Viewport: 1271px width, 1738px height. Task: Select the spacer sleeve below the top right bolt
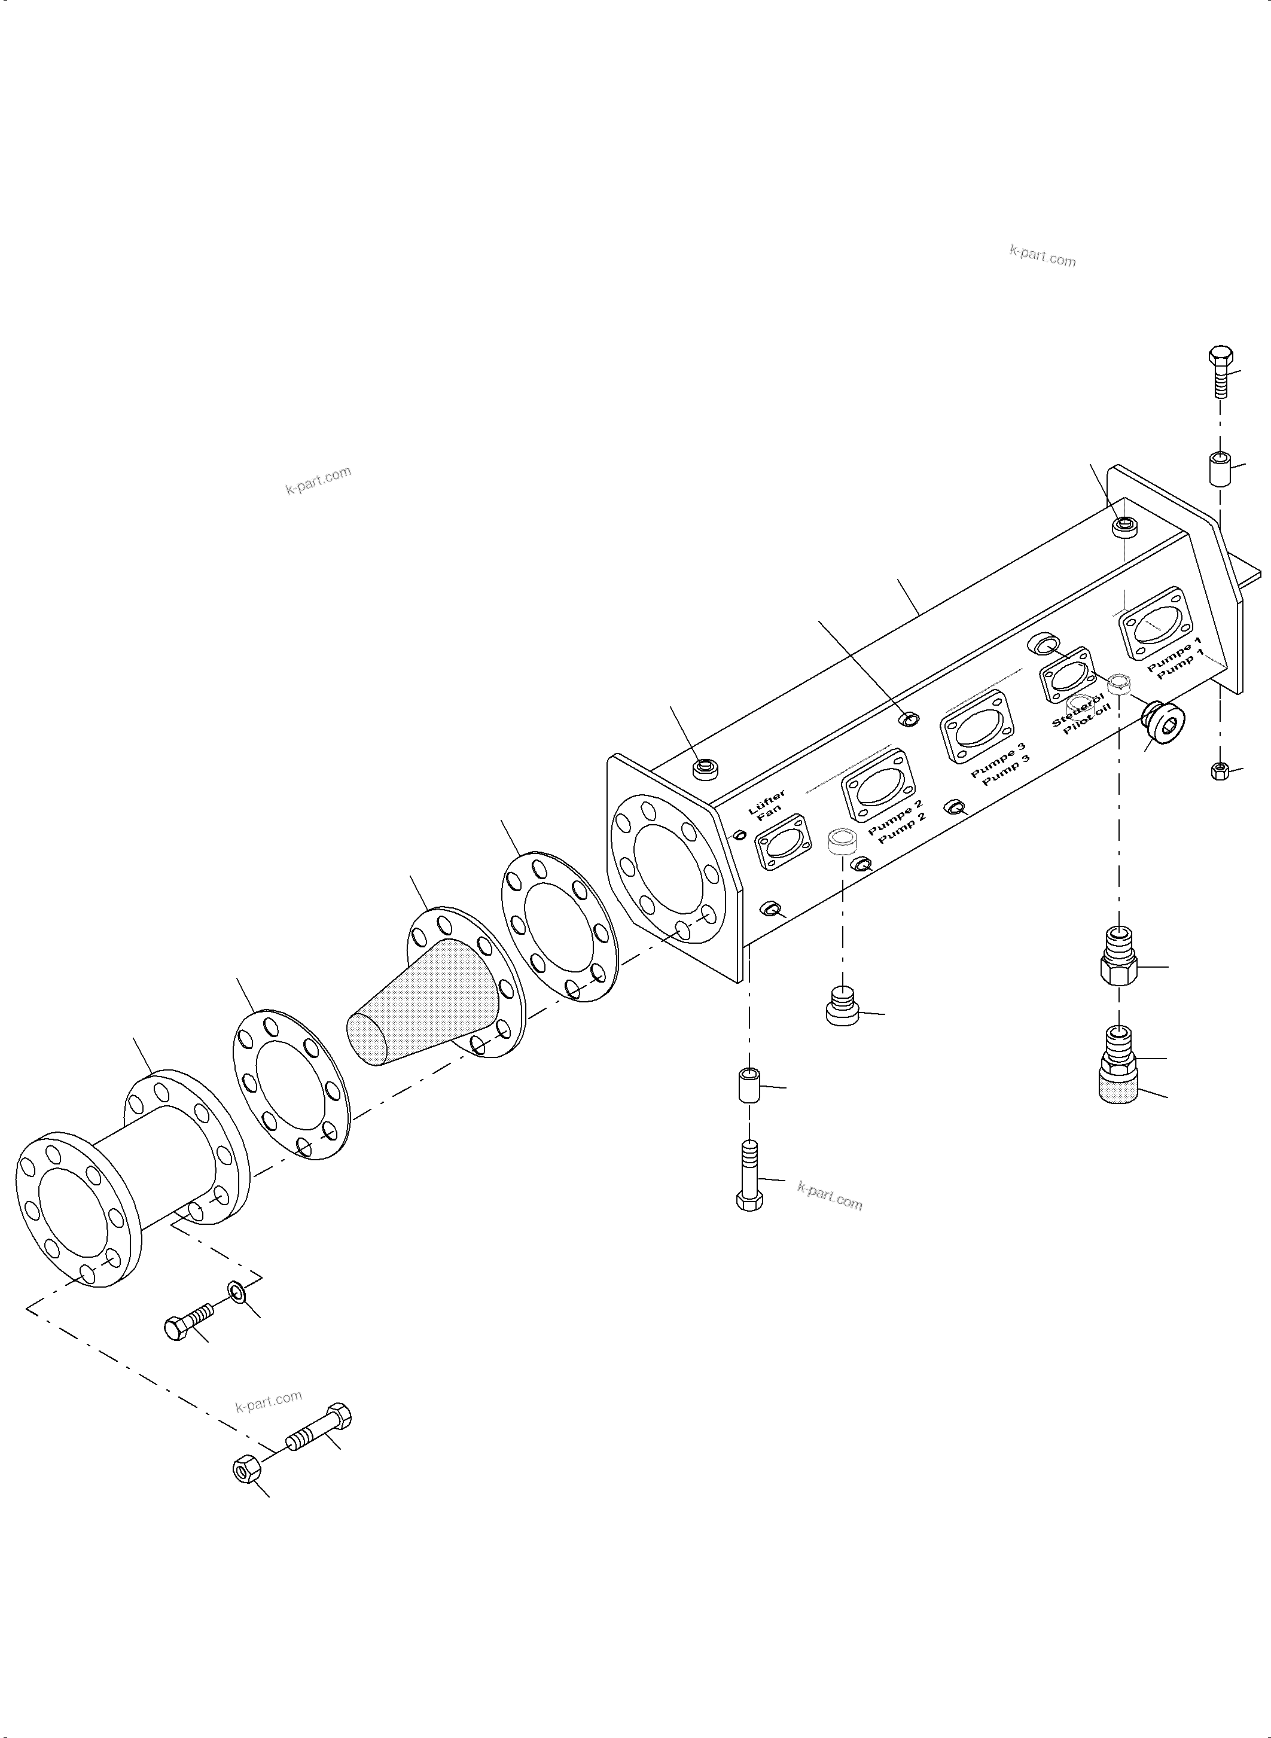(x=1218, y=468)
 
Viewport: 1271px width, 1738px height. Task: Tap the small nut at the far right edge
(x=1220, y=770)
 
